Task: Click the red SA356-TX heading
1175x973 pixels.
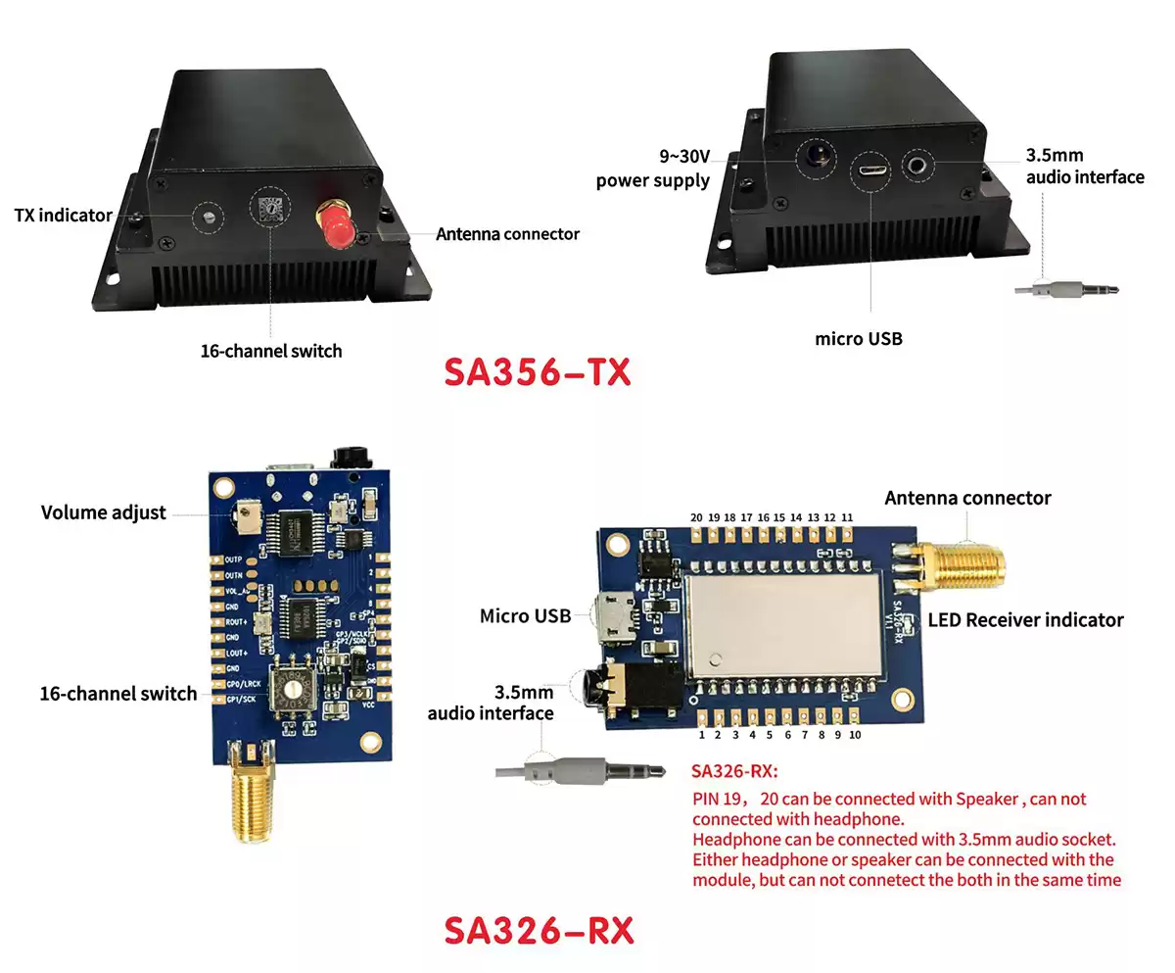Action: point(538,372)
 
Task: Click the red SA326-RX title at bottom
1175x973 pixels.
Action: point(539,930)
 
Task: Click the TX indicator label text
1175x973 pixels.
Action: point(64,215)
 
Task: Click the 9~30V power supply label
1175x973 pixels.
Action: point(653,168)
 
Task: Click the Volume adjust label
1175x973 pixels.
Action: point(104,512)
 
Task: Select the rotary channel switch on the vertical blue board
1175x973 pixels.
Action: point(290,689)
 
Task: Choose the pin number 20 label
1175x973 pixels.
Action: point(695,517)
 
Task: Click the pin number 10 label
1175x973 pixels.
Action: point(855,735)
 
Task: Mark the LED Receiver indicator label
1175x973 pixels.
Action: point(1025,619)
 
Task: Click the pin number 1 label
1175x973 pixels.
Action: point(702,735)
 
